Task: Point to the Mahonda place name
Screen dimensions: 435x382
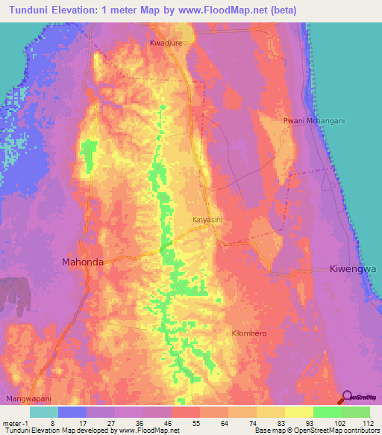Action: click(x=82, y=262)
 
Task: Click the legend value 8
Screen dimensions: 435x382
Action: click(x=51, y=422)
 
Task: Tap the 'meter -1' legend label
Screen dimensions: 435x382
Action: click(x=15, y=422)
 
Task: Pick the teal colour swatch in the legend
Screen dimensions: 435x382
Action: click(x=43, y=412)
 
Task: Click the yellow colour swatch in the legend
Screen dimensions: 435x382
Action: click(x=298, y=412)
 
